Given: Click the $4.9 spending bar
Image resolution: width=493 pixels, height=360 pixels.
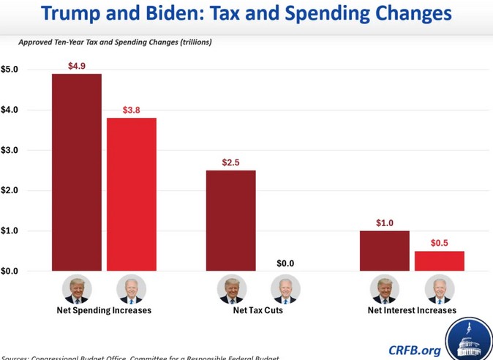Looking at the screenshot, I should coord(76,172).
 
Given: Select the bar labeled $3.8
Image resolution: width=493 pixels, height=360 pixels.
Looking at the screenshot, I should coord(132,194).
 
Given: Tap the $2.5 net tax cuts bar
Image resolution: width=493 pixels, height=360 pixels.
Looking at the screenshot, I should coord(230,220).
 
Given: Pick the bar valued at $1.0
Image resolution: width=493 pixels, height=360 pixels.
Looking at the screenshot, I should coord(384,251).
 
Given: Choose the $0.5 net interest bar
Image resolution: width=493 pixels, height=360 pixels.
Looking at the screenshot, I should coord(440,260).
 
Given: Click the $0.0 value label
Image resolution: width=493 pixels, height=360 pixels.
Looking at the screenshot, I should coord(285,263).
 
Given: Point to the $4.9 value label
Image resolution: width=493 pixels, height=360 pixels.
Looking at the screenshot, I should coord(76,66).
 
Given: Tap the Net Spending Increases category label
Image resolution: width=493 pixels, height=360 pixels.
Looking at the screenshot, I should coord(104,310).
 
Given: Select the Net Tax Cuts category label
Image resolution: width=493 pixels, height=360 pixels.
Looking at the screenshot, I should coord(257,310).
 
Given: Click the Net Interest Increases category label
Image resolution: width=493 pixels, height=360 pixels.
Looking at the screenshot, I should coord(412,310).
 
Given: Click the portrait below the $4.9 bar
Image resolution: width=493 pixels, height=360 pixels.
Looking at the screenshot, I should coord(76,289).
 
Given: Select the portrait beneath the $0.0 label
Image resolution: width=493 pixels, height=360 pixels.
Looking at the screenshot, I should coord(285,289).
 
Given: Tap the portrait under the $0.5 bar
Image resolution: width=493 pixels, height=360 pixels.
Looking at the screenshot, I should coord(440,289).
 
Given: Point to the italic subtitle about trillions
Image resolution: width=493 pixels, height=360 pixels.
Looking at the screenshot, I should coord(115,42).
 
